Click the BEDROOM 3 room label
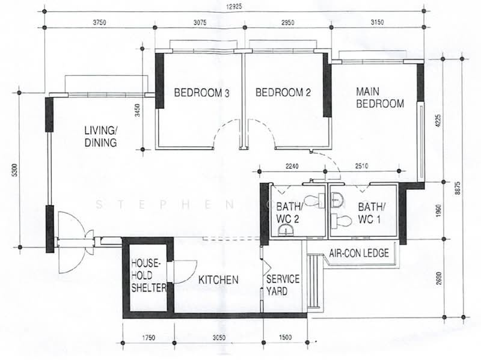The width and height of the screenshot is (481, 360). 202,93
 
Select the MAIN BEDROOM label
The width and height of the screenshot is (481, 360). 379,98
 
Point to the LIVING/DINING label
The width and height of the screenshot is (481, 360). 100,136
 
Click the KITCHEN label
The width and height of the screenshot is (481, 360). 219,280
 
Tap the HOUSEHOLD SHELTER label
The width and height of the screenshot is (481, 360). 149,276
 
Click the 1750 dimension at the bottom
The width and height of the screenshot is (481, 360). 148,338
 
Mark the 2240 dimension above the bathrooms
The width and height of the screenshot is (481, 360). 292,166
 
